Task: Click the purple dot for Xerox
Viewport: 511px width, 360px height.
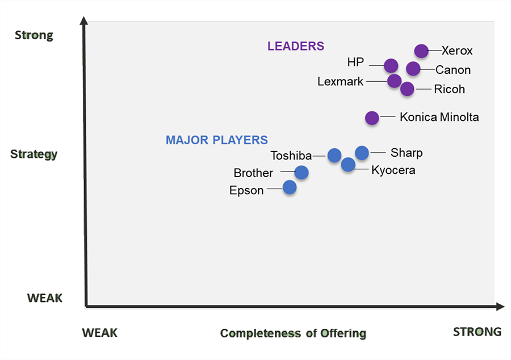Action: click(x=421, y=51)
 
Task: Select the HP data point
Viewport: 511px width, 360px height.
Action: click(x=391, y=65)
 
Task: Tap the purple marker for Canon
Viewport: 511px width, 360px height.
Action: click(x=413, y=69)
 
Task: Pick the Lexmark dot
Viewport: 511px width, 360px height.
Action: click(x=394, y=81)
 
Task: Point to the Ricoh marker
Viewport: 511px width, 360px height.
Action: click(x=407, y=89)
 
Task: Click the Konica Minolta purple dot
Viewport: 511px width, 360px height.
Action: click(x=371, y=118)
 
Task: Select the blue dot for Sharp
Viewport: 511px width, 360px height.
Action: click(x=362, y=152)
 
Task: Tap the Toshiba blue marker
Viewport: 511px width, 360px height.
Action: click(x=334, y=154)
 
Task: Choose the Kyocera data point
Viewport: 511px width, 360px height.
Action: click(x=348, y=165)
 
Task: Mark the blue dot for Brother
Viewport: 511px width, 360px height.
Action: click(x=301, y=172)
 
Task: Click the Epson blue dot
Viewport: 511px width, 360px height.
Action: click(x=289, y=187)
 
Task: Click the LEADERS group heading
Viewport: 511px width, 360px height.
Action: click(x=296, y=46)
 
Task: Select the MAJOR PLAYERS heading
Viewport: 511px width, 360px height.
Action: click(x=217, y=140)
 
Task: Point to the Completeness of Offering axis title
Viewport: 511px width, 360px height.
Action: click(x=293, y=333)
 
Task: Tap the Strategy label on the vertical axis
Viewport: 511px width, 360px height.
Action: click(x=34, y=154)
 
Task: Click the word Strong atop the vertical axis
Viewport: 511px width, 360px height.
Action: click(x=34, y=35)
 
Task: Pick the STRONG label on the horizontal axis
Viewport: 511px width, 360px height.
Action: click(x=477, y=332)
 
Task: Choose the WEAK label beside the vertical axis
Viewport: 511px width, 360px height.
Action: click(x=45, y=298)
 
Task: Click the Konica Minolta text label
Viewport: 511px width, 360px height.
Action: click(x=439, y=118)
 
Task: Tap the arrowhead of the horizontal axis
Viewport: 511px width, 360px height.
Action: click(x=500, y=307)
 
